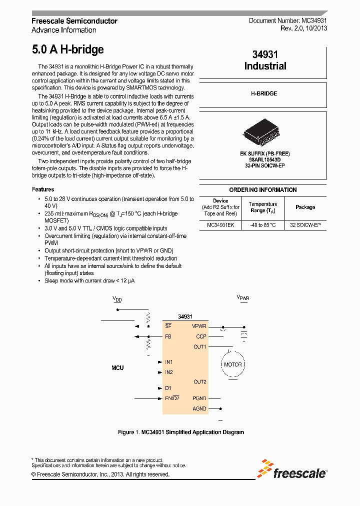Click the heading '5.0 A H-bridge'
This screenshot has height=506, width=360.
pyautogui.click(x=67, y=49)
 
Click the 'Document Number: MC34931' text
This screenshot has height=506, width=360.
pyautogui.click(x=288, y=21)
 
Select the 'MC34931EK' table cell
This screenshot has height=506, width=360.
pyautogui.click(x=220, y=225)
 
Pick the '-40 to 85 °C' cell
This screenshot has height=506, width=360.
pyautogui.click(x=262, y=225)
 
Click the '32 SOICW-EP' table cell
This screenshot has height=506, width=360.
pyautogui.click(x=305, y=225)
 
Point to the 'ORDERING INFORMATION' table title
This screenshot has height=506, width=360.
pyautogui.click(x=263, y=190)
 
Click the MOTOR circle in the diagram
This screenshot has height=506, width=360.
pyautogui.click(x=232, y=364)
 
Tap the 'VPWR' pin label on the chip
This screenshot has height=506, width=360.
pyautogui.click(x=199, y=326)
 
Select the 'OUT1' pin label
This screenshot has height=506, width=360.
pyautogui.click(x=200, y=346)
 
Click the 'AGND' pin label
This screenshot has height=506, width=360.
pyautogui.click(x=199, y=408)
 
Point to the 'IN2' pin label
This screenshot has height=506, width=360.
pyautogui.click(x=169, y=372)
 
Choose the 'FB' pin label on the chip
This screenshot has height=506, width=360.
pyautogui.click(x=168, y=336)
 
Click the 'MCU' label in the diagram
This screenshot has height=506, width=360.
pyautogui.click(x=117, y=367)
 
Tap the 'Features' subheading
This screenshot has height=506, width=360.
pyautogui.click(x=43, y=189)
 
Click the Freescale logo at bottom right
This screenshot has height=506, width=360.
pyautogui.click(x=292, y=470)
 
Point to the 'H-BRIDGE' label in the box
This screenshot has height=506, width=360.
pyautogui.click(x=263, y=93)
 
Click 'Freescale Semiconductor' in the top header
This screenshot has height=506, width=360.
pyautogui.click(x=74, y=21)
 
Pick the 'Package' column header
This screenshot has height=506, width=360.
pyautogui.click(x=305, y=207)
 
